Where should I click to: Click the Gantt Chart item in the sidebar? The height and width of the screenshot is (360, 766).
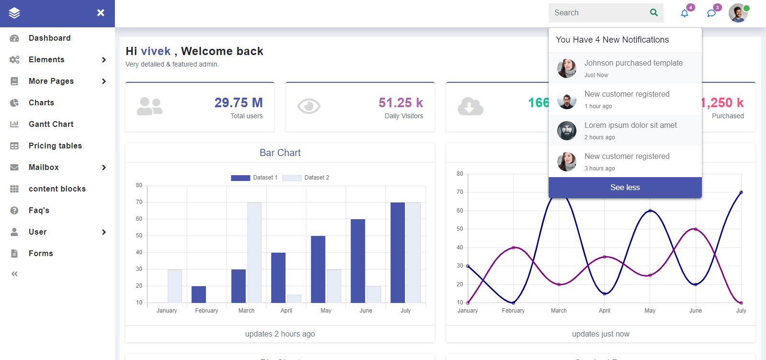click(x=51, y=124)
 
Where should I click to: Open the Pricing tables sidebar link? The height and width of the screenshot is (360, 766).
click(x=55, y=146)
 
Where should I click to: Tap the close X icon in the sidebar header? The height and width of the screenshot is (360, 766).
click(x=101, y=13)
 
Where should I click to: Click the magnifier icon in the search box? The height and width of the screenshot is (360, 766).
click(x=654, y=13)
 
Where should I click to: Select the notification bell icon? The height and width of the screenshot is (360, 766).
click(x=685, y=13)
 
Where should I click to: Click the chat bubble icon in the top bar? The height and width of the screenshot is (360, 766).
click(x=711, y=13)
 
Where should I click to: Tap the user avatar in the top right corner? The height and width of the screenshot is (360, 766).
click(x=738, y=13)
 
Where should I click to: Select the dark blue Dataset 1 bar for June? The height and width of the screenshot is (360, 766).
click(x=358, y=261)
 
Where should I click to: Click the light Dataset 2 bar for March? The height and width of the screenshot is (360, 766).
click(x=254, y=252)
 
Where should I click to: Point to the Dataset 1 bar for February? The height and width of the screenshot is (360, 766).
click(x=199, y=294)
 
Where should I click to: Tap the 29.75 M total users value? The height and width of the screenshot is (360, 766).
click(x=238, y=103)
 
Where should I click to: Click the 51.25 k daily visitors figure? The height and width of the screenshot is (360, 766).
click(x=401, y=103)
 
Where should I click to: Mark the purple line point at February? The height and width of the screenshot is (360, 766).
click(x=513, y=247)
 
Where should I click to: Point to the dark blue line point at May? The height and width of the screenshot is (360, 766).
click(x=650, y=211)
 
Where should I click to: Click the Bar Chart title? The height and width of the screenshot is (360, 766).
click(x=280, y=153)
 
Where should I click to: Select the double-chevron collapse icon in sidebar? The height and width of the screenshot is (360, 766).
click(x=14, y=274)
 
